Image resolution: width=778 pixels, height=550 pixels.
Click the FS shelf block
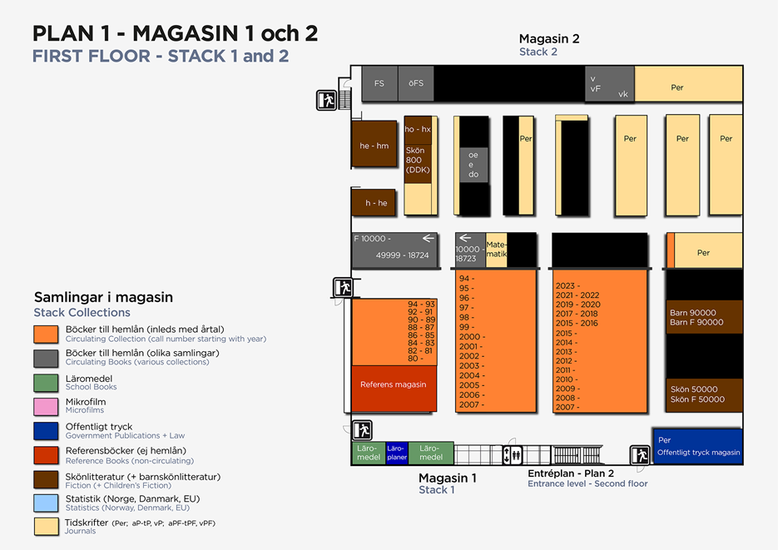[x=379, y=83]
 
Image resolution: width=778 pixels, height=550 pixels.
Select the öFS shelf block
[x=416, y=83]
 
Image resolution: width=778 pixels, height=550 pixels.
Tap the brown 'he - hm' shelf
[x=374, y=146]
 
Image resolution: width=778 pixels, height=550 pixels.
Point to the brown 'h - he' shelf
[x=374, y=203]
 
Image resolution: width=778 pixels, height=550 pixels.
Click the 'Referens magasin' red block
[x=394, y=385]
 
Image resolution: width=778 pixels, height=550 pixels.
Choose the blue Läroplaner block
[x=397, y=453]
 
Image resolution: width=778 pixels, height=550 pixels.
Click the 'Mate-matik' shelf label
[x=496, y=250]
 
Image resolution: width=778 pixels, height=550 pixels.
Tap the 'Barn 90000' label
[x=692, y=313]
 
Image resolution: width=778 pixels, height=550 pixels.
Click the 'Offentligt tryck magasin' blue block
[x=697, y=447]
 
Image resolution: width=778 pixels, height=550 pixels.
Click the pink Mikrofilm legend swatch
[x=46, y=406]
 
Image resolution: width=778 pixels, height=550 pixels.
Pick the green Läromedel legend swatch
[x=46, y=383]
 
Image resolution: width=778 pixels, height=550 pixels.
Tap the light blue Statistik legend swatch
[x=46, y=503]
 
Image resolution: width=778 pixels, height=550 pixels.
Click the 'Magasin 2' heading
[x=548, y=38]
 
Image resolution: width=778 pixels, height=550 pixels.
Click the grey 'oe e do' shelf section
[x=473, y=165]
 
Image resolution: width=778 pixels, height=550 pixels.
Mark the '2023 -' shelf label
[x=567, y=285]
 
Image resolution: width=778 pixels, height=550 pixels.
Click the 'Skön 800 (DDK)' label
[x=416, y=160]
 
